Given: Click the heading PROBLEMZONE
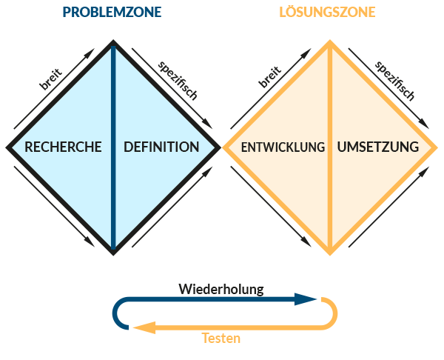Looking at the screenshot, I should [x=112, y=13].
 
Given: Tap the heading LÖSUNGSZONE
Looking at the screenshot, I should [x=326, y=13].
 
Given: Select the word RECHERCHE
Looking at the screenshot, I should [x=63, y=147].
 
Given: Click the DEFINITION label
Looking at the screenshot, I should [x=161, y=147].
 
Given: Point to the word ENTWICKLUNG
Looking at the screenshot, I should [x=283, y=147].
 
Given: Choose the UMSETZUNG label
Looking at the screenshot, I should [x=377, y=147].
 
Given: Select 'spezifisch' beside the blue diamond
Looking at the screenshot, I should [x=178, y=79].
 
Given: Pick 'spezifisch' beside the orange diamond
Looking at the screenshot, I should [x=394, y=79].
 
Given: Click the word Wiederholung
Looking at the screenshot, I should [x=221, y=287].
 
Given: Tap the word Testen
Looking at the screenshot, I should [x=221, y=339].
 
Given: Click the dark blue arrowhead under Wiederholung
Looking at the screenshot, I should [x=305, y=299].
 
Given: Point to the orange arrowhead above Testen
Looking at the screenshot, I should [x=144, y=327].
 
